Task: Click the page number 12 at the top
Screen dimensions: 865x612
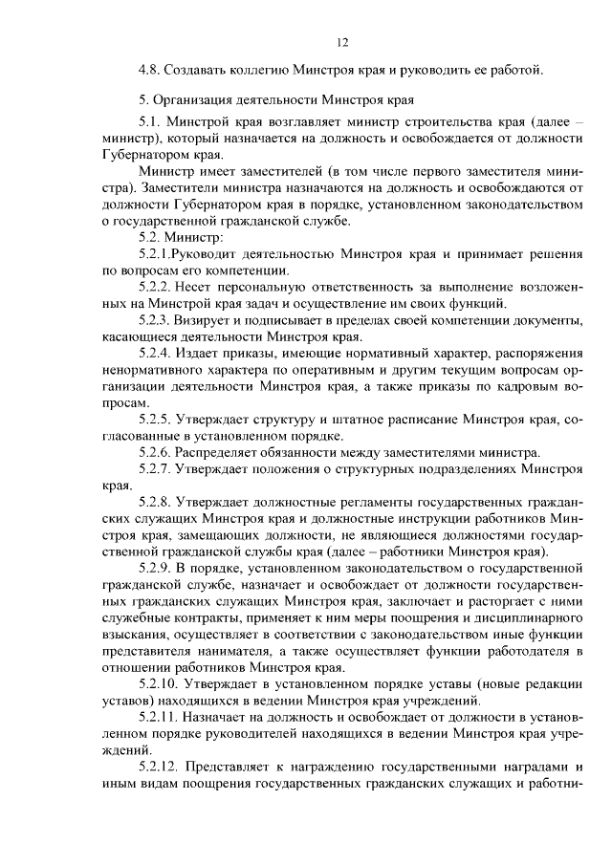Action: click(x=342, y=42)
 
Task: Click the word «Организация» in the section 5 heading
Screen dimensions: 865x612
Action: click(x=194, y=101)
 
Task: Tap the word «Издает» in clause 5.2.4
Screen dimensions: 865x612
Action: click(x=204, y=354)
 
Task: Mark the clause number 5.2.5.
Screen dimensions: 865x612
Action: click(x=157, y=419)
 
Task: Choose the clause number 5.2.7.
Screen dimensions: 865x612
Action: click(x=157, y=467)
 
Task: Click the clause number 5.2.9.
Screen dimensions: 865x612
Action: click(x=157, y=568)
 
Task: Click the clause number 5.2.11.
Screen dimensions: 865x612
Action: click(x=160, y=717)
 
